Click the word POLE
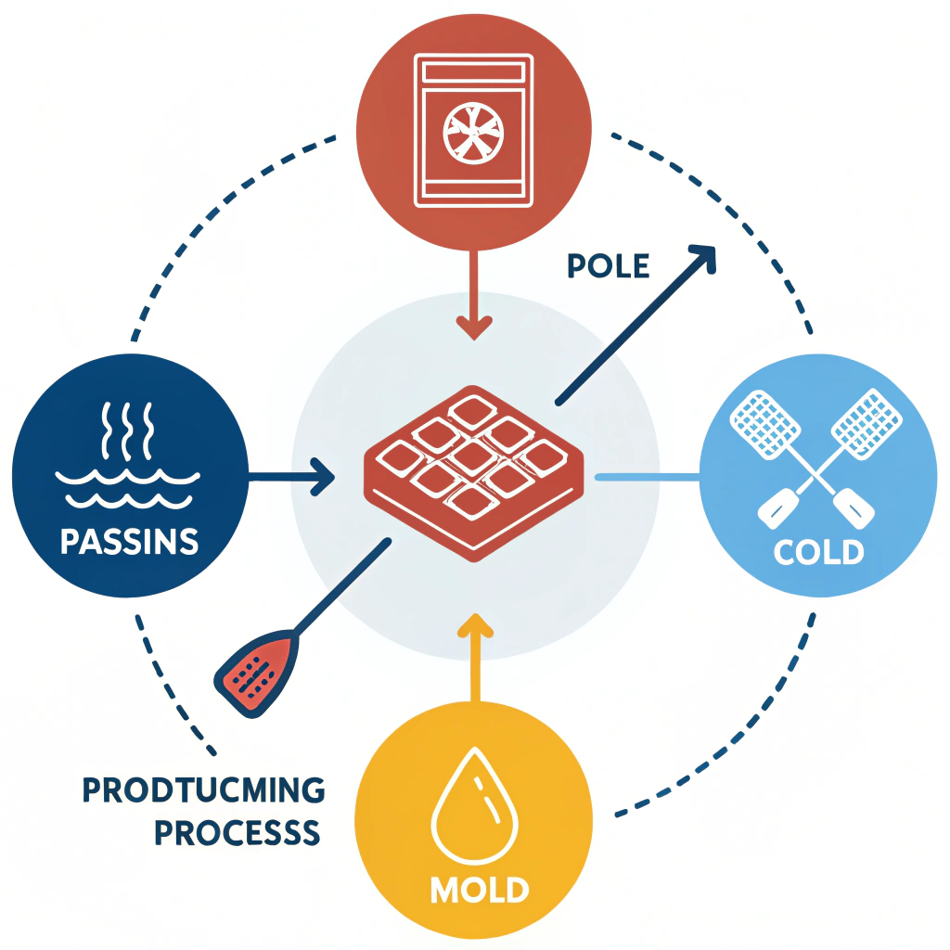coord(608,266)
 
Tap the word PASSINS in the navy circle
coord(129,541)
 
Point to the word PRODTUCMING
coord(204,791)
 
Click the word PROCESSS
coord(237,832)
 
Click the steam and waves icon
coord(129,455)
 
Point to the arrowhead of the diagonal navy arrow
coord(703,258)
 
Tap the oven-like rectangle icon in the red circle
coord(474,130)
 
